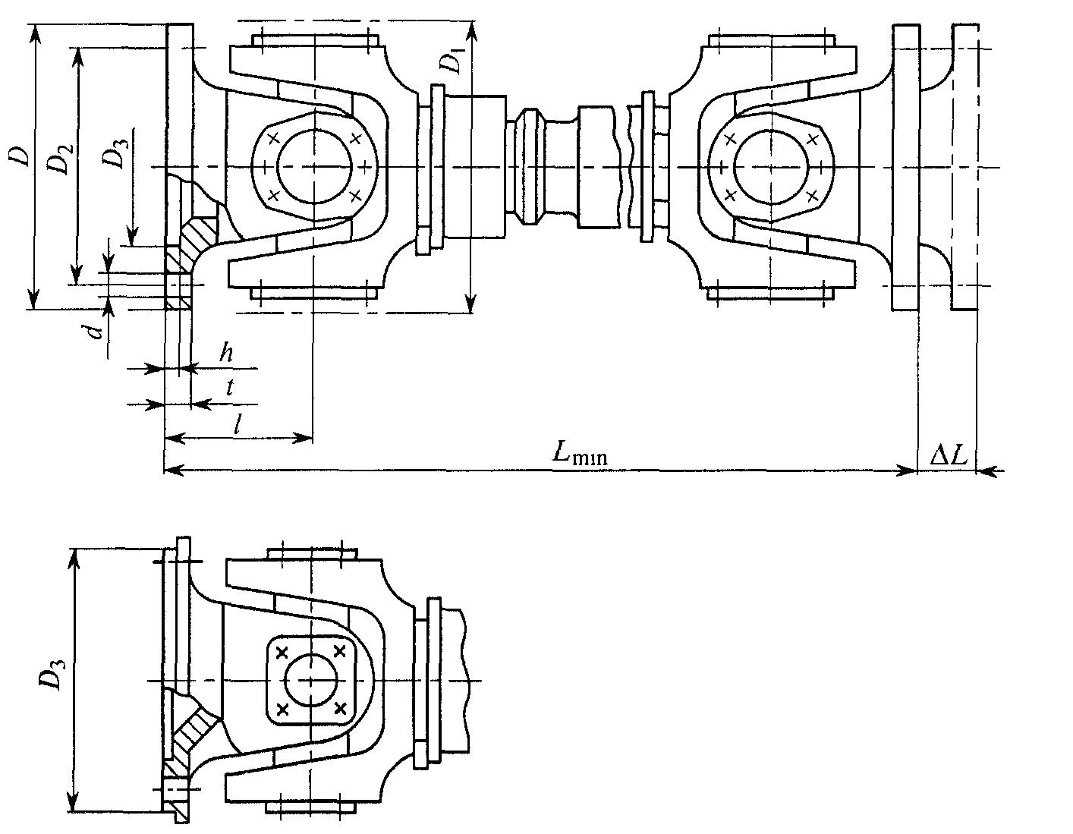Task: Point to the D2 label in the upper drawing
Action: tap(61, 159)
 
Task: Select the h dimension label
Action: tap(227, 353)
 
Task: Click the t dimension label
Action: tap(230, 388)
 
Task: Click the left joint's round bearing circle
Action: tap(315, 166)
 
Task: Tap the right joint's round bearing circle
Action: tap(771, 166)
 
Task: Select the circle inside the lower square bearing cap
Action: tap(312, 680)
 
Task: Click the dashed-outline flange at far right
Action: tap(965, 167)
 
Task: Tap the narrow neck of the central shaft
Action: tap(561, 167)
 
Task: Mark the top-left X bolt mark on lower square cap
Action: tap(282, 653)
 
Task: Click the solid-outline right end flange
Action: tap(905, 167)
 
